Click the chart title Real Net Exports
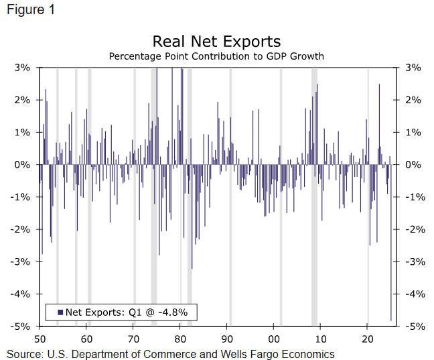pyautogui.click(x=216, y=42)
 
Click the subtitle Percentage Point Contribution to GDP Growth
pyautogui.click(x=216, y=56)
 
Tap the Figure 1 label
pyautogui.click(x=30, y=11)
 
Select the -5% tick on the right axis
pyautogui.click(x=413, y=326)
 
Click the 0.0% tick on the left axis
pyautogui.click(x=21, y=165)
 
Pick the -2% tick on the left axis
pyautogui.click(x=22, y=229)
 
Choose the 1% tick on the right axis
pyautogui.click(x=413, y=133)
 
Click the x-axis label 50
pyautogui.click(x=40, y=339)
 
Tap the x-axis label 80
pyautogui.click(x=180, y=339)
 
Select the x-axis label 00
pyautogui.click(x=274, y=339)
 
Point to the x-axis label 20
pyautogui.click(x=368, y=339)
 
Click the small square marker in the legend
pyautogui.click(x=60, y=312)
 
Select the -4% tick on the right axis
pyautogui.click(x=413, y=294)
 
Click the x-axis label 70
pyautogui.click(x=133, y=339)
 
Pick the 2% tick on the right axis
pyautogui.click(x=413, y=101)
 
